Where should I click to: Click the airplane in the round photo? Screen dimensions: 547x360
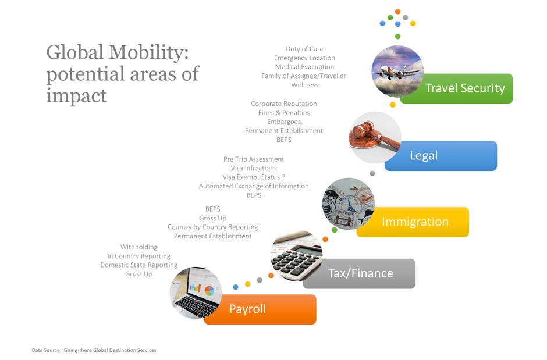[x=395, y=72]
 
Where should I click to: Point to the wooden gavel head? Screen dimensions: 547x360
[x=363, y=131]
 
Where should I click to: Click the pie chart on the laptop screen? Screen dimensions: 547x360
[x=209, y=291]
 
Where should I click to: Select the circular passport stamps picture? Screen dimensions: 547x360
[x=348, y=204]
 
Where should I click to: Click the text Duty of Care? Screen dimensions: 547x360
[x=304, y=49]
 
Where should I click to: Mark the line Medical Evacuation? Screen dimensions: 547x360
[x=304, y=67]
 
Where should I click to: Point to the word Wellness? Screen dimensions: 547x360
[x=304, y=85]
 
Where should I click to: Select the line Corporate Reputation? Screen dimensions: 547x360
[x=284, y=104]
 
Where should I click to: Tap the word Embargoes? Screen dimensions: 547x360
[x=284, y=122]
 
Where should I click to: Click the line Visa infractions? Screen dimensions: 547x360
[x=254, y=168]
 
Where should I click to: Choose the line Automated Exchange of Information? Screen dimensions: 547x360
[x=254, y=187]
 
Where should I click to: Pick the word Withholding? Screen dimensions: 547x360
[x=139, y=247]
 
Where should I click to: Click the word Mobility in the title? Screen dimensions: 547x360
[x=148, y=53]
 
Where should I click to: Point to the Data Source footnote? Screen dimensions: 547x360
[x=94, y=350]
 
